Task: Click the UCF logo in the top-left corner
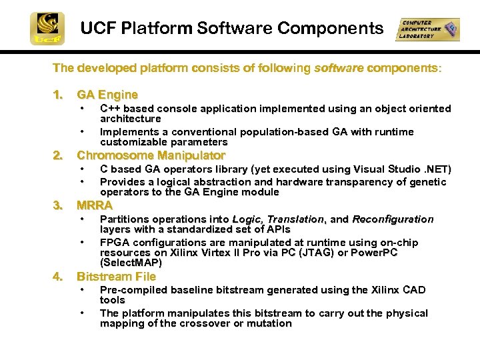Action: (47, 29)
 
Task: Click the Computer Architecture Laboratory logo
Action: (427, 29)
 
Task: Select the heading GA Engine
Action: (107, 95)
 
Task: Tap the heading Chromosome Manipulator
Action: (151, 155)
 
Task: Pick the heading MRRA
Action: (95, 205)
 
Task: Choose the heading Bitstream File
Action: (116, 277)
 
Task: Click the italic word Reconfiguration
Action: (393, 219)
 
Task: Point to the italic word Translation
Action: (295, 219)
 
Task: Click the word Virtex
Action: (207, 253)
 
